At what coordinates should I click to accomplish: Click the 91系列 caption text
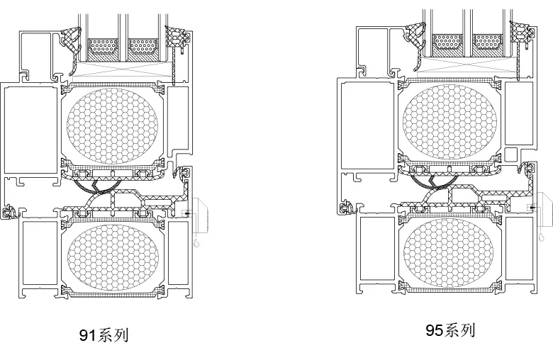tap(104, 335)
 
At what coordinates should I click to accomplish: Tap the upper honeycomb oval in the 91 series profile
tap(112, 126)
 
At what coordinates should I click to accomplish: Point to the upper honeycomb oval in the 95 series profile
tap(449, 122)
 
